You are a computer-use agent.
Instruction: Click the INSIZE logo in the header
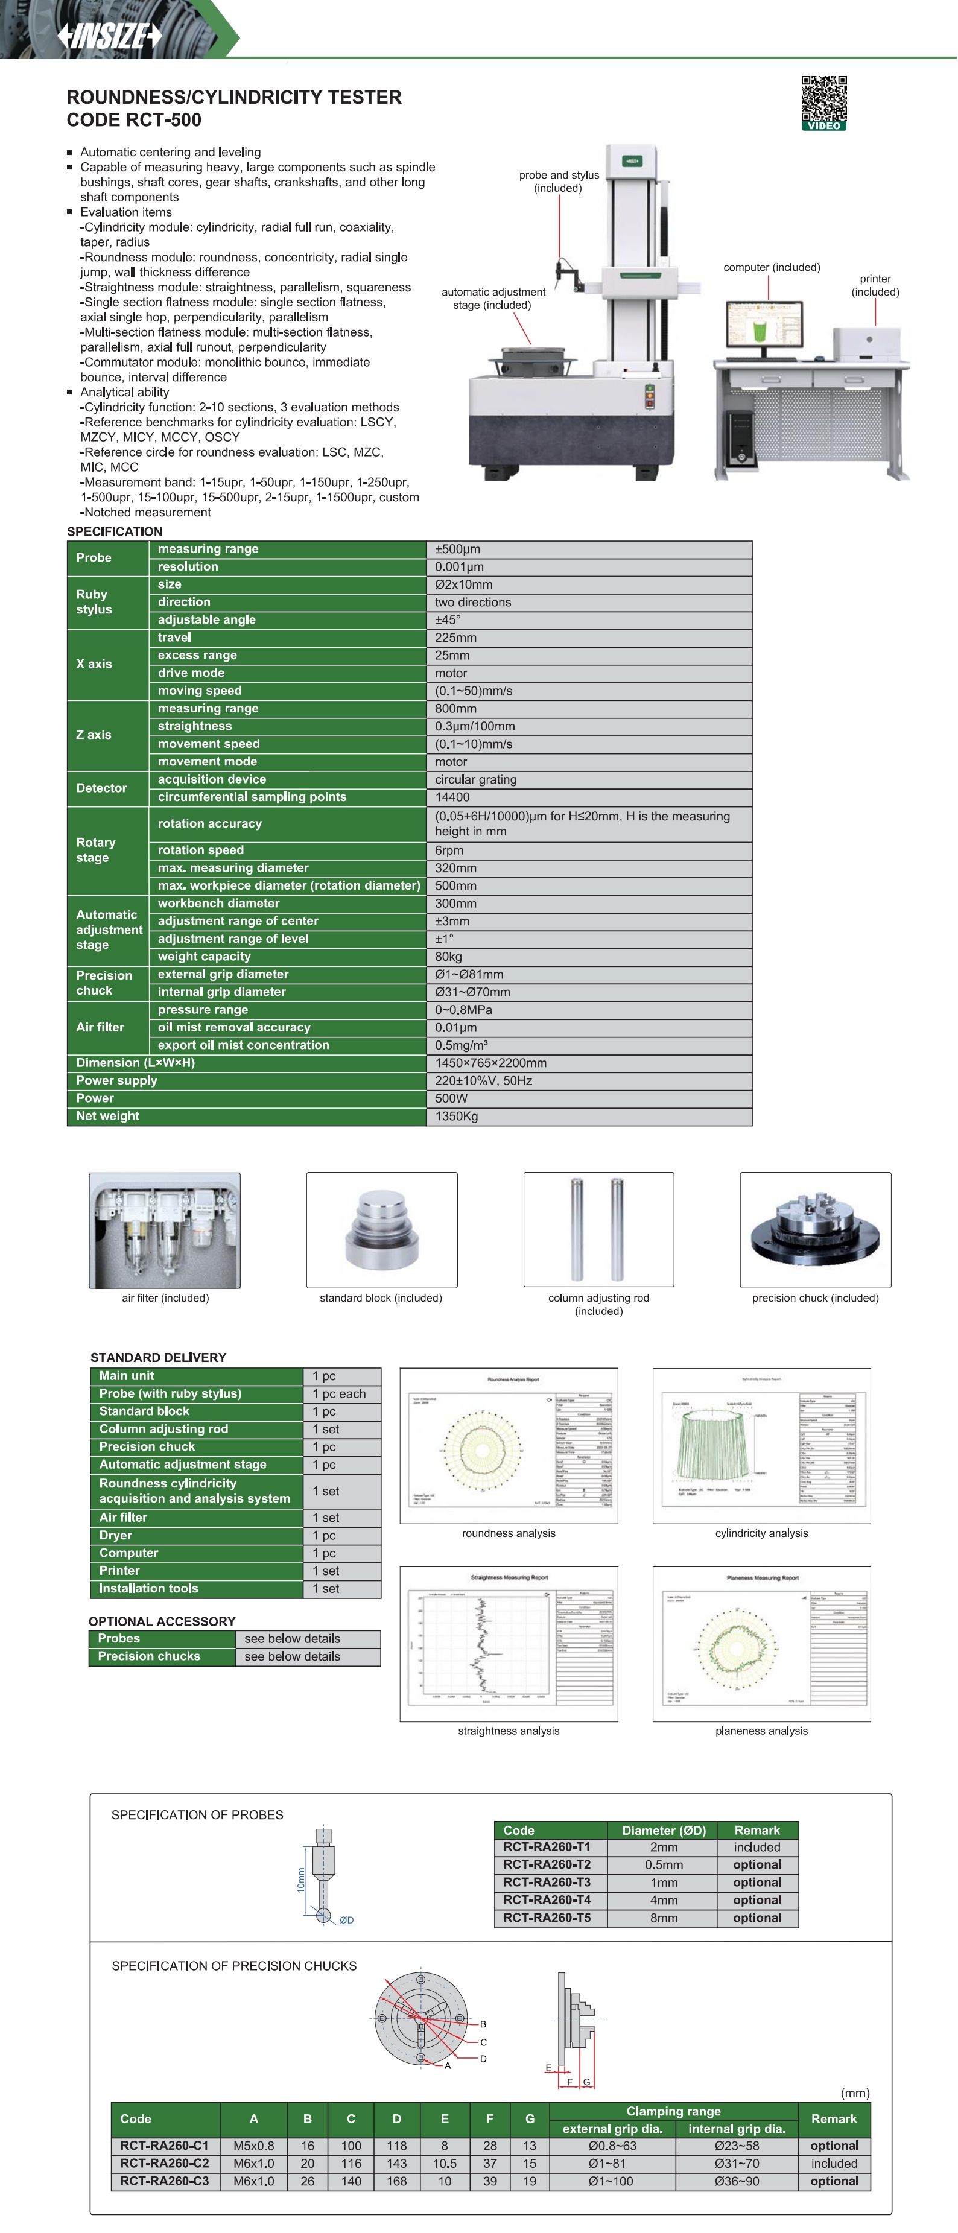(109, 36)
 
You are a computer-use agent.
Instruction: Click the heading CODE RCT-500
(135, 121)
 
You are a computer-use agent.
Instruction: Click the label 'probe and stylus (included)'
(559, 181)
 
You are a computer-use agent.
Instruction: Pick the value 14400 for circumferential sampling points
(452, 797)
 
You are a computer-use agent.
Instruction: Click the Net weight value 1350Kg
(457, 1116)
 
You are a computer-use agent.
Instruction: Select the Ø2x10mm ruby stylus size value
(464, 585)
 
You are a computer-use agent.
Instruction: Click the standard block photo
(381, 1230)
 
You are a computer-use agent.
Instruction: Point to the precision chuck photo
(815, 1230)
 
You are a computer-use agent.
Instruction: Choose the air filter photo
(165, 1230)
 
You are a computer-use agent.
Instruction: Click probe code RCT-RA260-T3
(547, 1882)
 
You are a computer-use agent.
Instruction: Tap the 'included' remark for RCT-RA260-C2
(834, 2164)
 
